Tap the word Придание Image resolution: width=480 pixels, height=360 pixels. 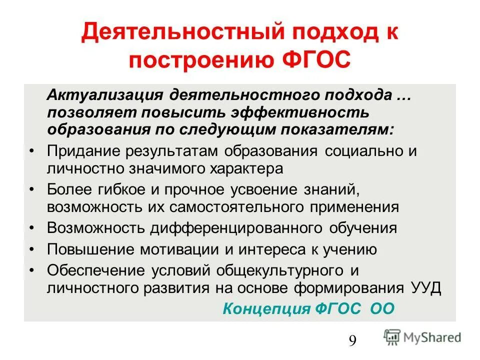coord(83,151)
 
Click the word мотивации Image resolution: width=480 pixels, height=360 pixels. coord(168,249)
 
